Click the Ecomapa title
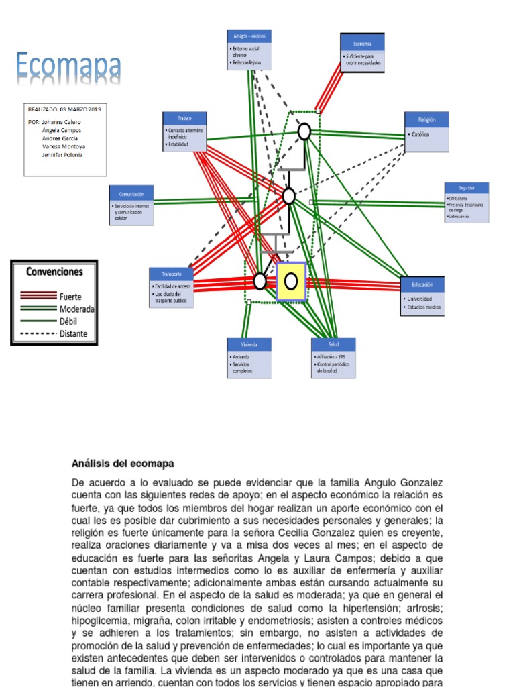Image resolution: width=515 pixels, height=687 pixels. tap(68, 68)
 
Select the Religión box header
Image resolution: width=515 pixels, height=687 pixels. tap(426, 119)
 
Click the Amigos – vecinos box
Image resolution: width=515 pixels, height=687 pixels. tap(249, 50)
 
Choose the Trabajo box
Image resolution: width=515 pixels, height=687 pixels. tap(184, 131)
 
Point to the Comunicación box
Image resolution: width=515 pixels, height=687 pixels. tap(131, 205)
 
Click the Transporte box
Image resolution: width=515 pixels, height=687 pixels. tap(172, 288)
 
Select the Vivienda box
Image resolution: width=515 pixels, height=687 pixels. tap(249, 358)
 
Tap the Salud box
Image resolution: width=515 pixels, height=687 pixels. tap(333, 358)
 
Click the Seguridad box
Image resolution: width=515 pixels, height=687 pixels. tap(467, 203)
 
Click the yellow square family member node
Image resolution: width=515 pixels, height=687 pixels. tap(292, 280)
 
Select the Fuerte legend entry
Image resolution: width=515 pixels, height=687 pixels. tap(70, 296)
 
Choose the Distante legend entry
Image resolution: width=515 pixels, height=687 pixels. tap(73, 333)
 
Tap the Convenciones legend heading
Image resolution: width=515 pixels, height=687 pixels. tap(54, 272)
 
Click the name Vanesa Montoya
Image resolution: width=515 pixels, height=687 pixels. tap(63, 146)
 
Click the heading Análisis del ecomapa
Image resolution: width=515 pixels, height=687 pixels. tap(123, 464)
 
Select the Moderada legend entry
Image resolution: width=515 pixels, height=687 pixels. tap(76, 309)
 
